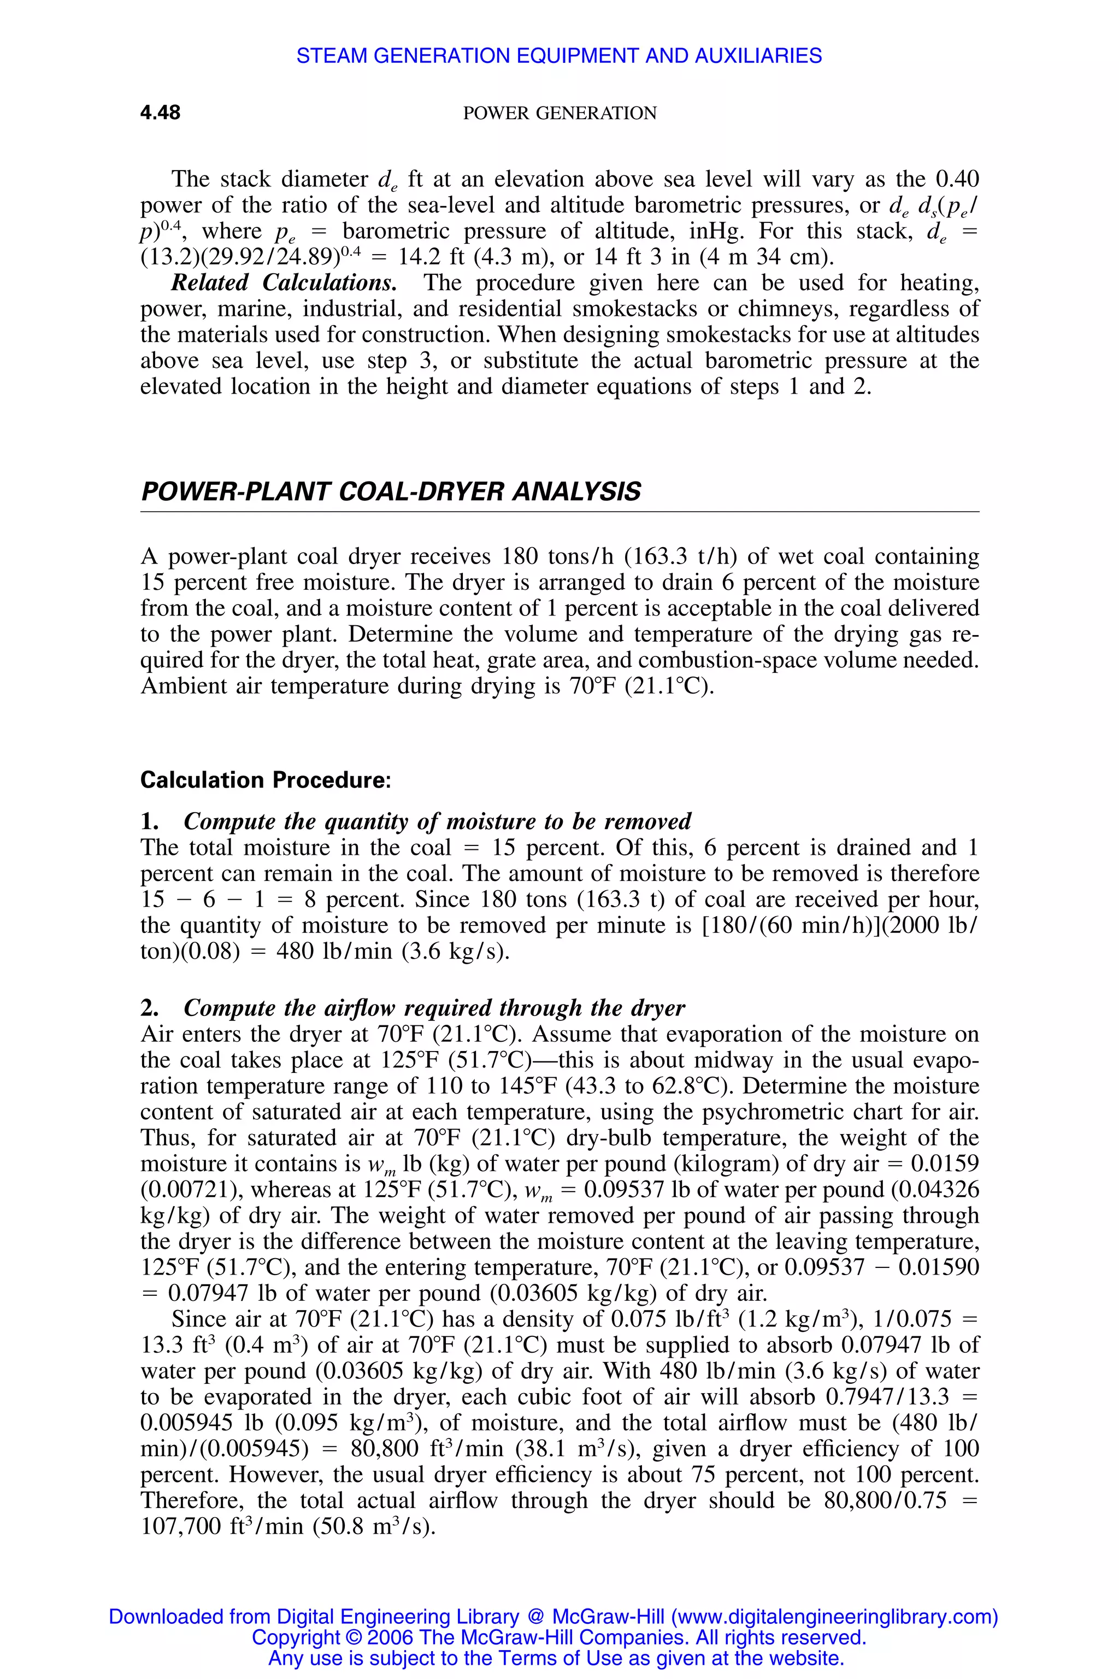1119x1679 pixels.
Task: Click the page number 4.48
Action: pyautogui.click(x=160, y=113)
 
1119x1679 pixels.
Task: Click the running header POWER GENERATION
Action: pyautogui.click(x=559, y=114)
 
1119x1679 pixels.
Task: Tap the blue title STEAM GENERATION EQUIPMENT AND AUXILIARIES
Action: pyautogui.click(x=559, y=56)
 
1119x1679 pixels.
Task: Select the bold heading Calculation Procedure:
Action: pyautogui.click(x=266, y=779)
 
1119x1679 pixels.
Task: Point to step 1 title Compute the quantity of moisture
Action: pyautogui.click(x=437, y=821)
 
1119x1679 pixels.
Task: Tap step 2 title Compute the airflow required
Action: pyautogui.click(x=434, y=1007)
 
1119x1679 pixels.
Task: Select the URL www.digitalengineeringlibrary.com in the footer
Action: pyautogui.click(x=834, y=1617)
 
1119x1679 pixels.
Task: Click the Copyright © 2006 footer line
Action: pyautogui.click(x=559, y=1637)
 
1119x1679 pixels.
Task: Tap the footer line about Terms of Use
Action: pyautogui.click(x=556, y=1658)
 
